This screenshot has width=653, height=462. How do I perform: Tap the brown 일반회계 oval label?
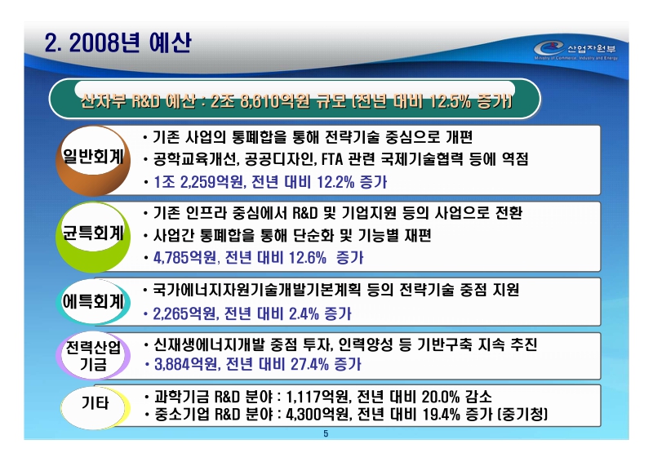point(94,158)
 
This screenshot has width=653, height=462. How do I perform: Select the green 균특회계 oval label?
point(94,233)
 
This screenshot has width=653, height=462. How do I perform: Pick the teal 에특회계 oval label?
point(94,302)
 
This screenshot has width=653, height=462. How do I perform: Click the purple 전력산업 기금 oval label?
point(94,357)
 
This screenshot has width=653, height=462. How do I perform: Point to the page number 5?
point(326,433)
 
